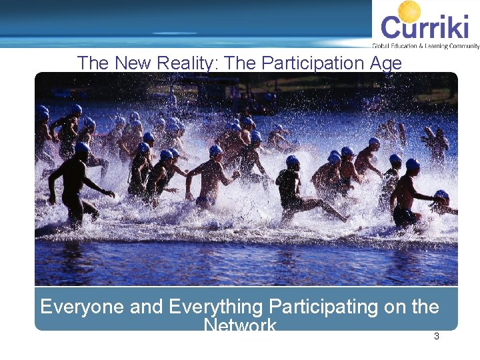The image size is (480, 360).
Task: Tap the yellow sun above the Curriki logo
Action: (409, 11)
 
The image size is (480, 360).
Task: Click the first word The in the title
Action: (93, 63)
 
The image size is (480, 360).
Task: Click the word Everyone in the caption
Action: (81, 307)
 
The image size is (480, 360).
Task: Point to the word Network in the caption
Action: (240, 325)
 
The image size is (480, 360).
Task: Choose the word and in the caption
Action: (145, 307)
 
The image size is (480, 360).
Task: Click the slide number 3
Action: (437, 337)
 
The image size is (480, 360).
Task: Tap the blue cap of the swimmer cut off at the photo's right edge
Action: (442, 195)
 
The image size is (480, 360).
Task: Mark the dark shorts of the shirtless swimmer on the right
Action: (404, 215)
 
